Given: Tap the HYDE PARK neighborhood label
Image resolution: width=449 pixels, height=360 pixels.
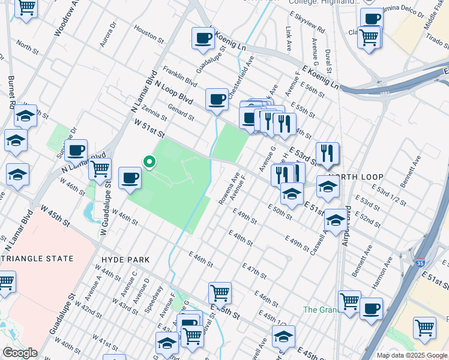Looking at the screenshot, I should point(125,259).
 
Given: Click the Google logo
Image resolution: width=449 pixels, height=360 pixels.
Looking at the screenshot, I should point(19,353).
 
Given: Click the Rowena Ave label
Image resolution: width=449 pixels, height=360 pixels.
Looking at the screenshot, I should point(229,188).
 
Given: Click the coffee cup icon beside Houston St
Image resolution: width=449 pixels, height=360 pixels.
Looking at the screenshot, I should point(203,38).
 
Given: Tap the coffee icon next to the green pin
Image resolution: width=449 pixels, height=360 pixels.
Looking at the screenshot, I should point(130,178).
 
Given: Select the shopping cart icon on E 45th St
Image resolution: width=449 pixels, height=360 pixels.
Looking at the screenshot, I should point(220,293).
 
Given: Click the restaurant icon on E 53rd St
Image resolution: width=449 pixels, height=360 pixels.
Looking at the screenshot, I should point(327,154).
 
